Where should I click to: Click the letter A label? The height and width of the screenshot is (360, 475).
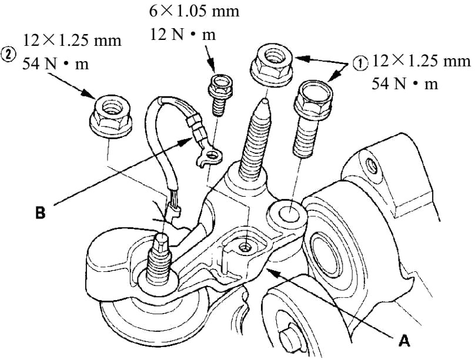tap(404, 341)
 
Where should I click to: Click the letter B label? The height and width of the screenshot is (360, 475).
tap(41, 213)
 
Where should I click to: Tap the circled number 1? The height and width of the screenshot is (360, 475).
tap(360, 64)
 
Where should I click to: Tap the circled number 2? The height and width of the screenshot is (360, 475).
tap(8, 54)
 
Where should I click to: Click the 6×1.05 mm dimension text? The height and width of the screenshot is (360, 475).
tap(194, 12)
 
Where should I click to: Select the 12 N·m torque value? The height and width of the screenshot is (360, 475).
tap(183, 35)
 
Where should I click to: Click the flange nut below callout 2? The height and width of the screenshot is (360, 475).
tap(111, 118)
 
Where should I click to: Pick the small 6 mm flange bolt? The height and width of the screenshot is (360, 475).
tap(220, 95)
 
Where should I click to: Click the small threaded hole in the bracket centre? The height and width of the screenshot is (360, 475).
tap(244, 248)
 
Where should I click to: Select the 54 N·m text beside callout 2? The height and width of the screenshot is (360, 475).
tap(56, 64)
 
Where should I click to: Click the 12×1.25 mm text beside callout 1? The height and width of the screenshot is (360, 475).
tap(421, 60)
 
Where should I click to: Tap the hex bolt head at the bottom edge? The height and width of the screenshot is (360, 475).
tap(288, 339)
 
